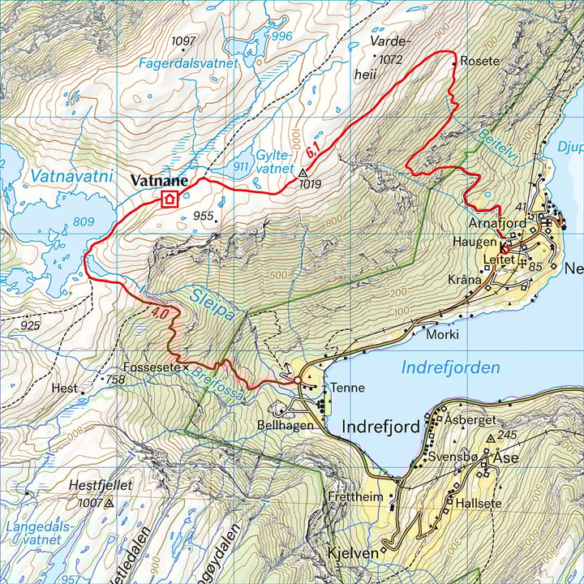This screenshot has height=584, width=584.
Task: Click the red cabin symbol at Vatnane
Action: point(170,199)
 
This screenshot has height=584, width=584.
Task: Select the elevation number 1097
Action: point(185,41)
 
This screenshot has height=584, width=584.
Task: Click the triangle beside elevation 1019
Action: point(303,173)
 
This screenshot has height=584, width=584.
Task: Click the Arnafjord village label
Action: point(497,222)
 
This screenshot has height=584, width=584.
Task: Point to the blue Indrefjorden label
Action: point(451,368)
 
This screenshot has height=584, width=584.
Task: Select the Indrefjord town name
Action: point(380,427)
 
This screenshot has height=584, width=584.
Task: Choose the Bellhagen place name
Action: point(285,425)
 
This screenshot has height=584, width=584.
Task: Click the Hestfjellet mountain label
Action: point(101,485)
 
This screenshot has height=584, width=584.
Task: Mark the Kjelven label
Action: point(352,553)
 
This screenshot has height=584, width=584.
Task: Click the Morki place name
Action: point(443,334)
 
